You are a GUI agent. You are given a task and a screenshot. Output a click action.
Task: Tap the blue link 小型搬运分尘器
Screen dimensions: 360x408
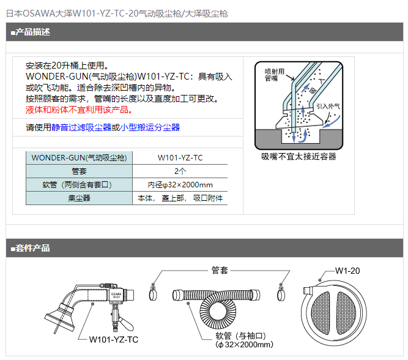(x=150, y=127)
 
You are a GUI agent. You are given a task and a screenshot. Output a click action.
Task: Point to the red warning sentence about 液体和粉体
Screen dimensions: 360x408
(x=79, y=110)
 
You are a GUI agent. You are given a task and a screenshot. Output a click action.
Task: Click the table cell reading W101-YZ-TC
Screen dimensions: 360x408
(x=180, y=157)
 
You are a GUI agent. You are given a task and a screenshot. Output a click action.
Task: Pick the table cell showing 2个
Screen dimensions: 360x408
(x=180, y=171)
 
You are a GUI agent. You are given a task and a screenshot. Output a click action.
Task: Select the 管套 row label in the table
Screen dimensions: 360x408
(x=79, y=171)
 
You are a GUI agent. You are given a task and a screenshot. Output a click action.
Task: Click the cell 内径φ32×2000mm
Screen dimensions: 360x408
(x=180, y=184)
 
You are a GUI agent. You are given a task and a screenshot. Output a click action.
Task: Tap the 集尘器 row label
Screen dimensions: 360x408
(x=79, y=198)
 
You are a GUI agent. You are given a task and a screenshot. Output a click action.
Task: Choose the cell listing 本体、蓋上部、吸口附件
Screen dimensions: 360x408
(x=180, y=198)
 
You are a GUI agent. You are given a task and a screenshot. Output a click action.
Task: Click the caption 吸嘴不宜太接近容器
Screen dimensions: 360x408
(x=299, y=157)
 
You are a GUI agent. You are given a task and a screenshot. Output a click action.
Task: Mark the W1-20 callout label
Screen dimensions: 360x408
(x=347, y=271)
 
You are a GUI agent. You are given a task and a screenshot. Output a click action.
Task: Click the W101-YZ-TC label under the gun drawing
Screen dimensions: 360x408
(x=113, y=339)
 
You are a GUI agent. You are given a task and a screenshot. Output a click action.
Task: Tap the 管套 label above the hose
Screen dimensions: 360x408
(x=220, y=270)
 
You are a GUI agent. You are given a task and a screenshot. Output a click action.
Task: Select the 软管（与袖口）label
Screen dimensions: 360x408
(x=240, y=336)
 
